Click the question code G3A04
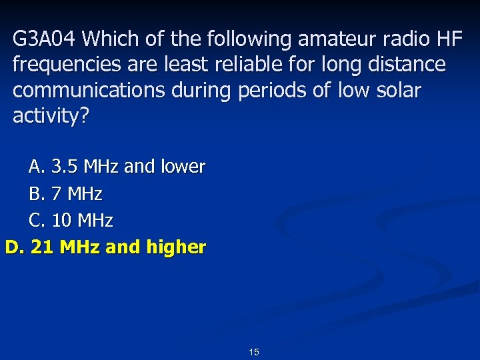click(x=45, y=39)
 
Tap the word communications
click(x=88, y=91)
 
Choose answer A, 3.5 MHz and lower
click(x=117, y=167)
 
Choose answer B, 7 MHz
click(x=65, y=194)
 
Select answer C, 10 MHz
click(x=71, y=220)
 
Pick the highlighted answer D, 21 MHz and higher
click(x=105, y=247)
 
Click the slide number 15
click(x=254, y=352)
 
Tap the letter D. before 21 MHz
click(x=15, y=247)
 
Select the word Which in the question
click(x=109, y=39)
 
